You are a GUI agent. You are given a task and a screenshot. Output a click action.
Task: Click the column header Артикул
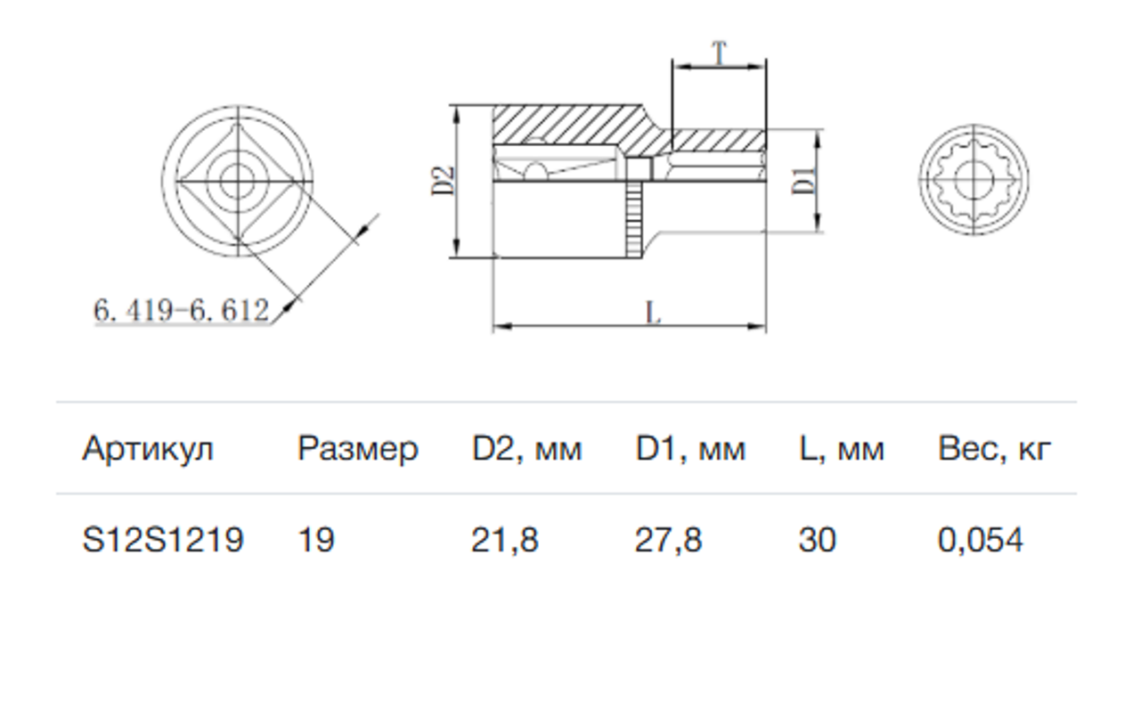148,450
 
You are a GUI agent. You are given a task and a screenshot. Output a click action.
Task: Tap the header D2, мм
526,450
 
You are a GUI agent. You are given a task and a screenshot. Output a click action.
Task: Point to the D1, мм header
690,450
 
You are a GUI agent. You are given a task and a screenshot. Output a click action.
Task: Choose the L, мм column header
842,450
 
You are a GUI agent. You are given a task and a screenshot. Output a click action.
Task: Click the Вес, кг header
994,450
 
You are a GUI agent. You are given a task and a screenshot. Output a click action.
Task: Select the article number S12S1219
163,540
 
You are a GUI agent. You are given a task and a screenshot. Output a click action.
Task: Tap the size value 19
316,540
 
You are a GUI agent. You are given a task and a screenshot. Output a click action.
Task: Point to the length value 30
818,540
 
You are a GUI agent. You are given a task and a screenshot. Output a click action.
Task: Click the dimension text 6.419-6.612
182,310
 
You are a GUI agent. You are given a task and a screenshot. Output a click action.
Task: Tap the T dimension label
719,53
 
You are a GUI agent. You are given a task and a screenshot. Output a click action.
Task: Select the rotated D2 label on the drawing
444,181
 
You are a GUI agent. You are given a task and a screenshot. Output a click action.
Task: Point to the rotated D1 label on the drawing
803,181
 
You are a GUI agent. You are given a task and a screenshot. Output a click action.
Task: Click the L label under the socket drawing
653,313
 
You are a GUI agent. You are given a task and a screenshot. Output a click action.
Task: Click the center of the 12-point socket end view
974,179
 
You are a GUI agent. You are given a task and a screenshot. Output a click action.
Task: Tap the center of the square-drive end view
238,181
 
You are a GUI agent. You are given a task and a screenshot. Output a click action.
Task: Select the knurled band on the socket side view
633,220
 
